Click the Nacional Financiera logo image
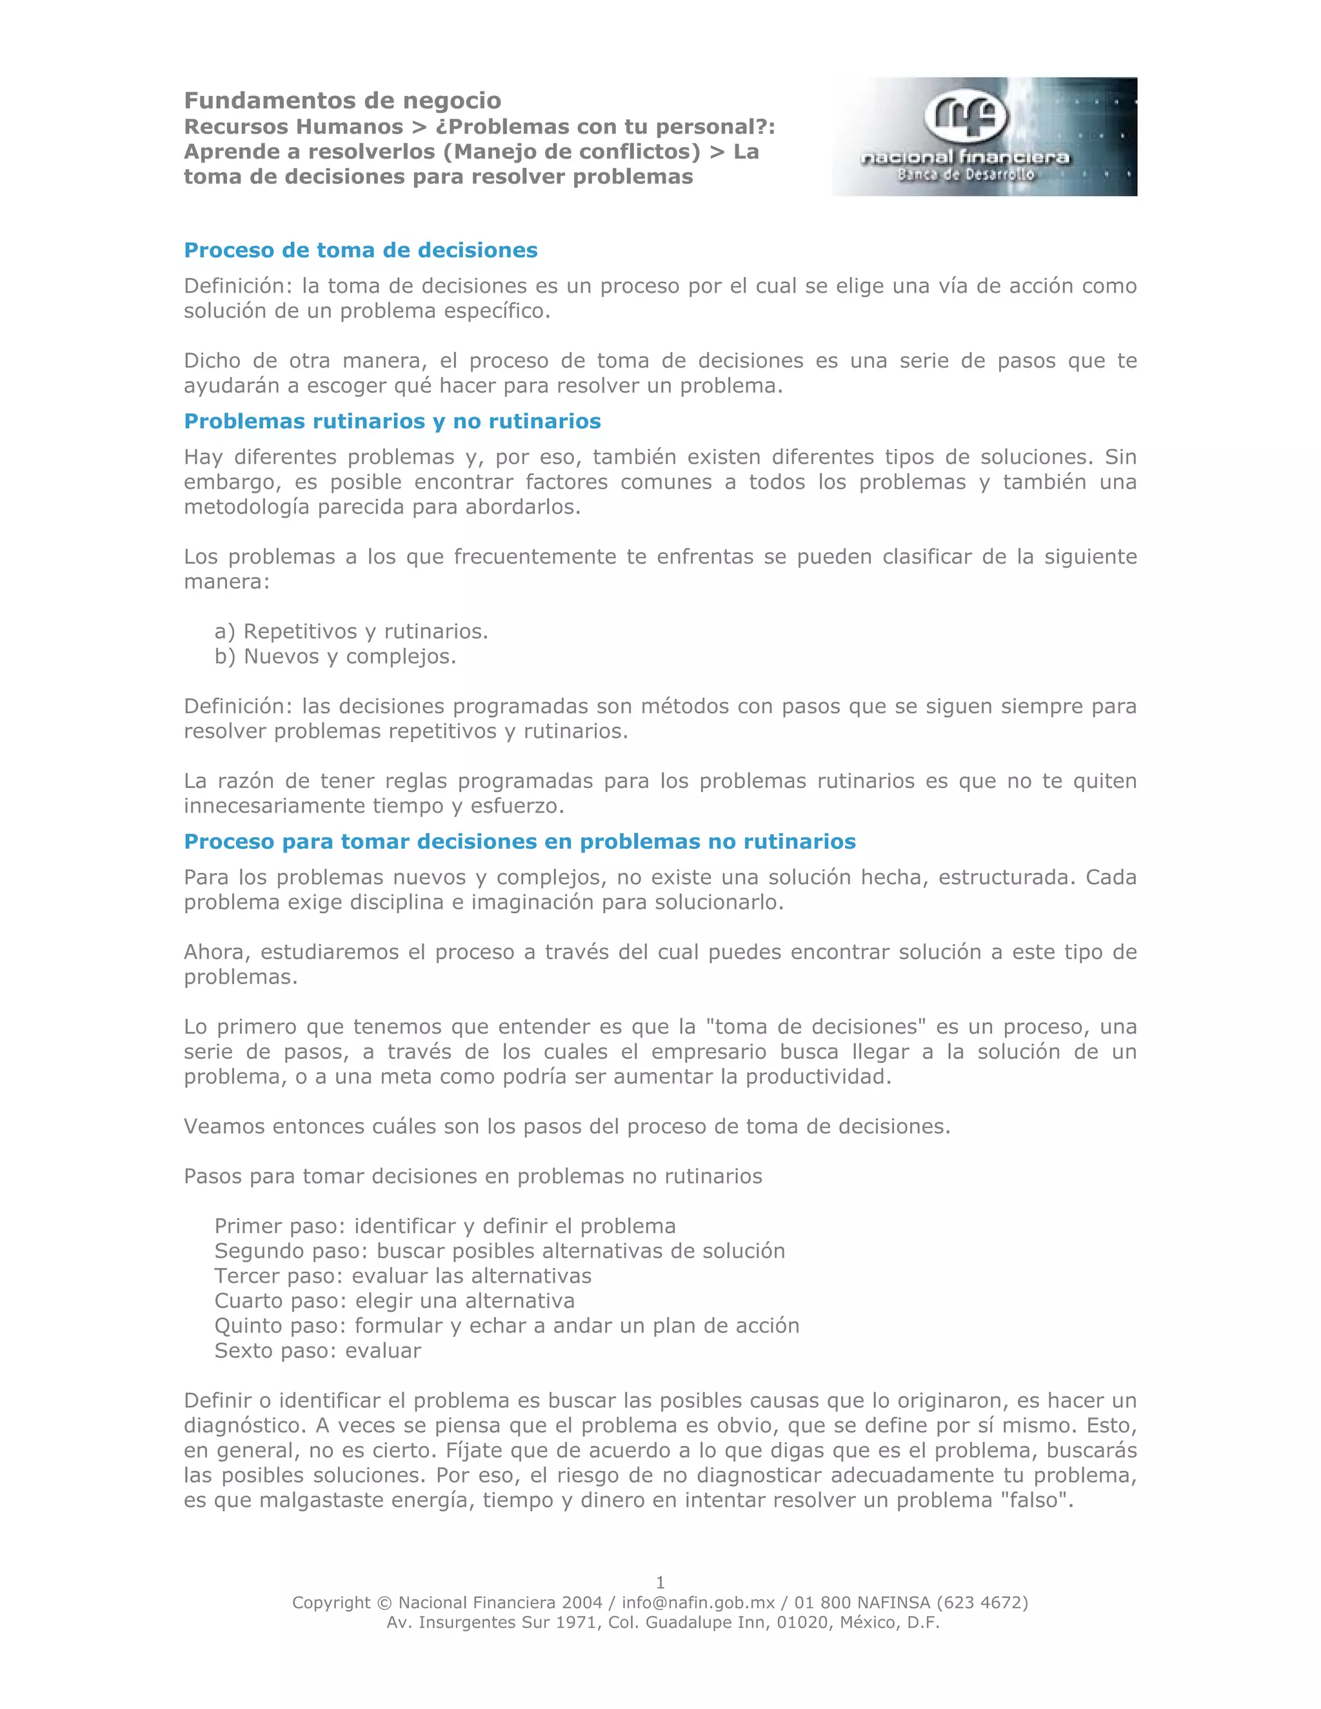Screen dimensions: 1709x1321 [984, 136]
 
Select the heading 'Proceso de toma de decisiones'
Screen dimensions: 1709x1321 [361, 250]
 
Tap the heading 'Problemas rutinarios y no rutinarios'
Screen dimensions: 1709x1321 [392, 421]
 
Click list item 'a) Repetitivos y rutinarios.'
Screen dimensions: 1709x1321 [352, 631]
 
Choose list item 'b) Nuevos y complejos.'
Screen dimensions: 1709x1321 [335, 656]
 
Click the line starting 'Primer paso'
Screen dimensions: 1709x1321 [444, 1225]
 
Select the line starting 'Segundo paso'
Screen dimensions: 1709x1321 [499, 1250]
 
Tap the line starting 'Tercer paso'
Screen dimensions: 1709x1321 [402, 1276]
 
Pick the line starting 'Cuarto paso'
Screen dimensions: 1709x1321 [394, 1301]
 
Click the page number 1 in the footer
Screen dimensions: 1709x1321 [660, 1581]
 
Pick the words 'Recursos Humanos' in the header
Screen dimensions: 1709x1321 [293, 127]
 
